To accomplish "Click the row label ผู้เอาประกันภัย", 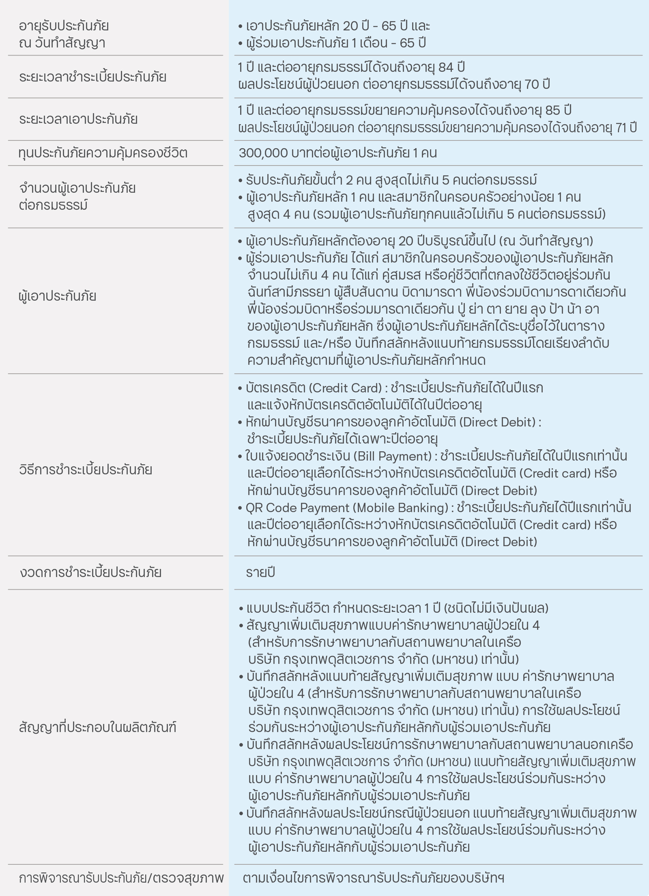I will pos(58,296).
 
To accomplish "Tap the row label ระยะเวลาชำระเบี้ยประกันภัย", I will pos(92,77).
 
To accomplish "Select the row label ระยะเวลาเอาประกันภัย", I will pos(78,119).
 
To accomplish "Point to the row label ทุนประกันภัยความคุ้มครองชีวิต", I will pos(103,153).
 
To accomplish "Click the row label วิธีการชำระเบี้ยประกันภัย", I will pos(86,470).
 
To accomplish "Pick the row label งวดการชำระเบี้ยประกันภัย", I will pos(90,573).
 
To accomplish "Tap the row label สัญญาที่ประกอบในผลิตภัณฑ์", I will pos(98,727).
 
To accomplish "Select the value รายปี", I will pos(260,573).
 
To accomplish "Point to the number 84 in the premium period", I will pos(447,67).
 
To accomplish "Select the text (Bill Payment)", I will pos(393,457).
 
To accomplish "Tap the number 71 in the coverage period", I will pos(621,128).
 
